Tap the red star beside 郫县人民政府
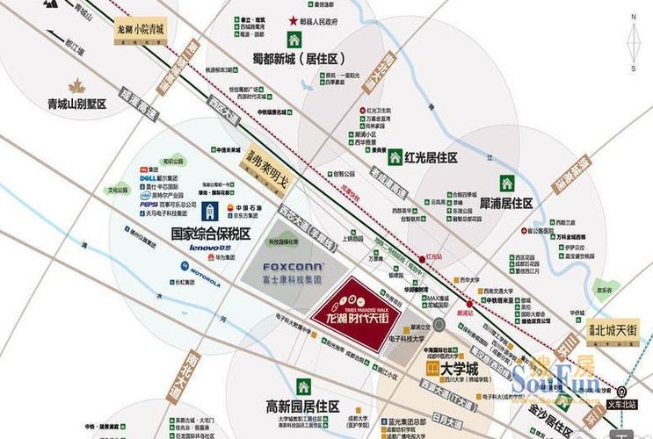(x=293, y=20)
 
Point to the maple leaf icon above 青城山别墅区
(x=76, y=86)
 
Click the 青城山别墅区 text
(x=76, y=104)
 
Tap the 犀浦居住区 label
(x=506, y=203)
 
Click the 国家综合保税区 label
(x=211, y=234)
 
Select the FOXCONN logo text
(x=293, y=265)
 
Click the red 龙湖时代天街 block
(x=357, y=313)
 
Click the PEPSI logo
(x=149, y=204)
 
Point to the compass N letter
(x=633, y=15)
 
